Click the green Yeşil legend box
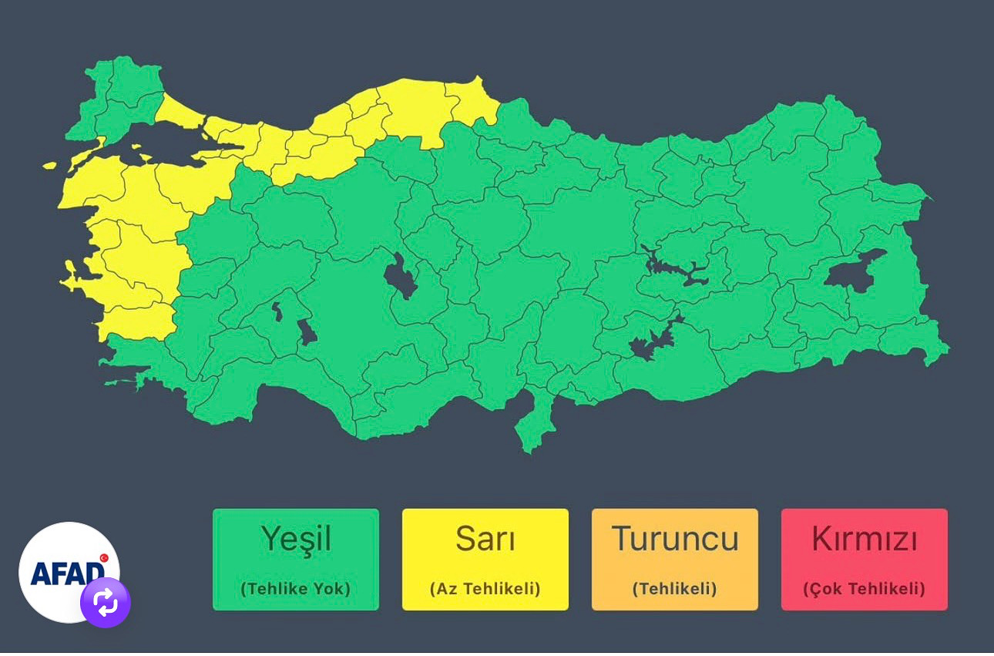point(295,560)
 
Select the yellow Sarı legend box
point(485,560)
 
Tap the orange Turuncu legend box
point(674,560)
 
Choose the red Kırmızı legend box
point(864,560)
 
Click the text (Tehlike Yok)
point(295,589)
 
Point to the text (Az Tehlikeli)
point(485,589)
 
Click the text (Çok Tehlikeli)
point(864,589)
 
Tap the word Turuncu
point(674,539)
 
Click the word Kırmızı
point(864,539)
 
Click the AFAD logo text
point(65,572)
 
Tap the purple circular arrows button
point(106,603)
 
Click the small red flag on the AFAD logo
point(104,557)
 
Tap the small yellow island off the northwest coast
point(50,165)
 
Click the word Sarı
point(485,539)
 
